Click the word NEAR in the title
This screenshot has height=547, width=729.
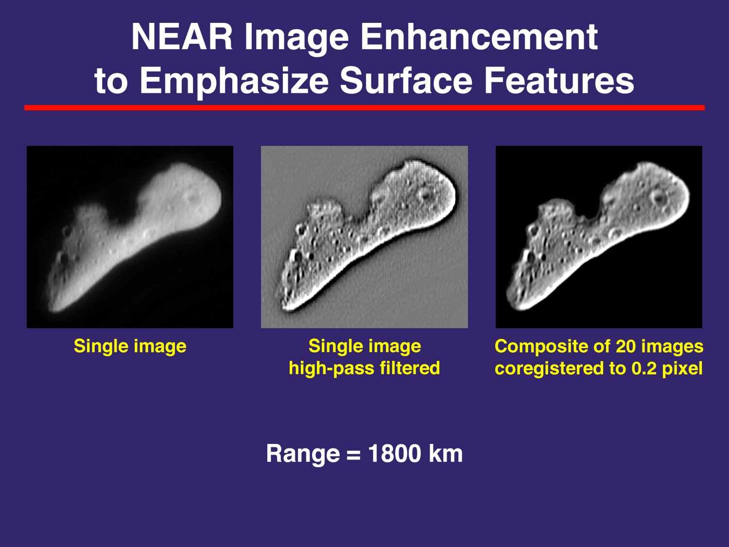point(182,37)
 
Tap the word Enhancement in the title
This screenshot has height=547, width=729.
point(479,37)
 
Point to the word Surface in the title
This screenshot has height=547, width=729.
point(406,80)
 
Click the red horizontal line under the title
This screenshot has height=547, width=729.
point(364,107)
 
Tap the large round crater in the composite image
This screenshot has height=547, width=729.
point(659,198)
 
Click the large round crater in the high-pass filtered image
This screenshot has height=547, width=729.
point(424,195)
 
